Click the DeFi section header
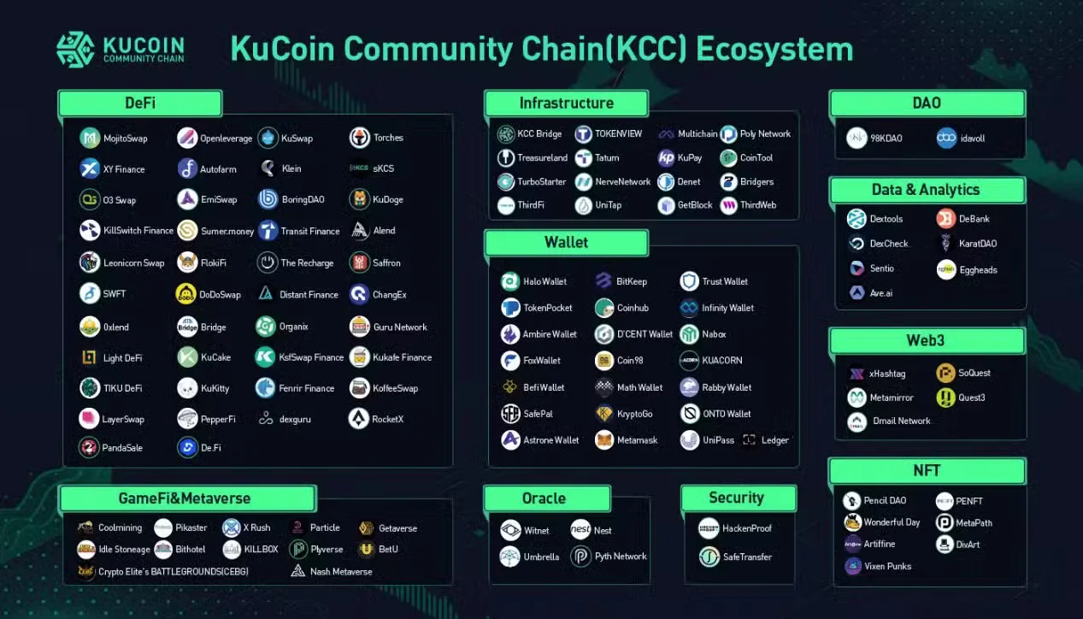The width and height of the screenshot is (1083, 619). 140,103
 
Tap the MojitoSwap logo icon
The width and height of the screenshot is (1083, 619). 90,138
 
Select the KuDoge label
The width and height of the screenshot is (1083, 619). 388,200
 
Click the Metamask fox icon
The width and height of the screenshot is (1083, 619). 604,440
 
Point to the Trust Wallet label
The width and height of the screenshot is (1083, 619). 725,281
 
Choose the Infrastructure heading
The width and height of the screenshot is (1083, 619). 566,103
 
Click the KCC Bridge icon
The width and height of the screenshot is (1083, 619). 506,134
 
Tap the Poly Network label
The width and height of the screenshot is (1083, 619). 765,134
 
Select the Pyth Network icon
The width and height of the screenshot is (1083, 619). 581,557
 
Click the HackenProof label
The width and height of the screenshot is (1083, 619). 747,528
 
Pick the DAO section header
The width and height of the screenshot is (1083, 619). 927,103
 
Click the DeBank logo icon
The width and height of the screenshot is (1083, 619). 945,219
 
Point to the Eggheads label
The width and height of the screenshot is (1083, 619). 978,270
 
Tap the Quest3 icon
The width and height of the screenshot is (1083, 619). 945,398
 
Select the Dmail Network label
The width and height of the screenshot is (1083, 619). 902,422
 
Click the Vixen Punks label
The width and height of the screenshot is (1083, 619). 888,566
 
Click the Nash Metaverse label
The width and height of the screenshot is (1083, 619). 341,572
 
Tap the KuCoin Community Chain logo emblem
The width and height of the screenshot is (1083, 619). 75,49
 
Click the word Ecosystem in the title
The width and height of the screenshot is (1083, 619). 774,50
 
